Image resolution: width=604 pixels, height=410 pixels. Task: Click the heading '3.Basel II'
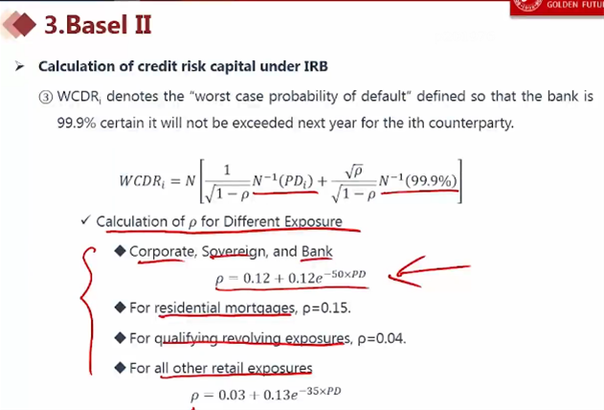click(98, 25)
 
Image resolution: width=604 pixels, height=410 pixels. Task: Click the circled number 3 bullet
click(45, 97)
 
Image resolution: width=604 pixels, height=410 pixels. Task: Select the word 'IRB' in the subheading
click(316, 66)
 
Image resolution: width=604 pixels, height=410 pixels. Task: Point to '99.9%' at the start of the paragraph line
click(77, 123)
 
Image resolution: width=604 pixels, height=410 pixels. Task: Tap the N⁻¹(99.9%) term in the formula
click(418, 180)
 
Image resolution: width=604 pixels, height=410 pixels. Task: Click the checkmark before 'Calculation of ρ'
click(85, 220)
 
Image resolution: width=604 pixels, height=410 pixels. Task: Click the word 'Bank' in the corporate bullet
click(317, 251)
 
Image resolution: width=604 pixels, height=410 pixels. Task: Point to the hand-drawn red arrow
click(429, 271)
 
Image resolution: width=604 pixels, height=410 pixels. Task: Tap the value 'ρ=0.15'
click(326, 307)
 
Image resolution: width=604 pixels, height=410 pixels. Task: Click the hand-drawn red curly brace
click(89, 310)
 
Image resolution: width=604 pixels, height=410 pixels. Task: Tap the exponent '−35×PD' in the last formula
click(320, 392)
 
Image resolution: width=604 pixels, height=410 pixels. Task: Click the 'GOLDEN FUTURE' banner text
click(574, 5)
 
